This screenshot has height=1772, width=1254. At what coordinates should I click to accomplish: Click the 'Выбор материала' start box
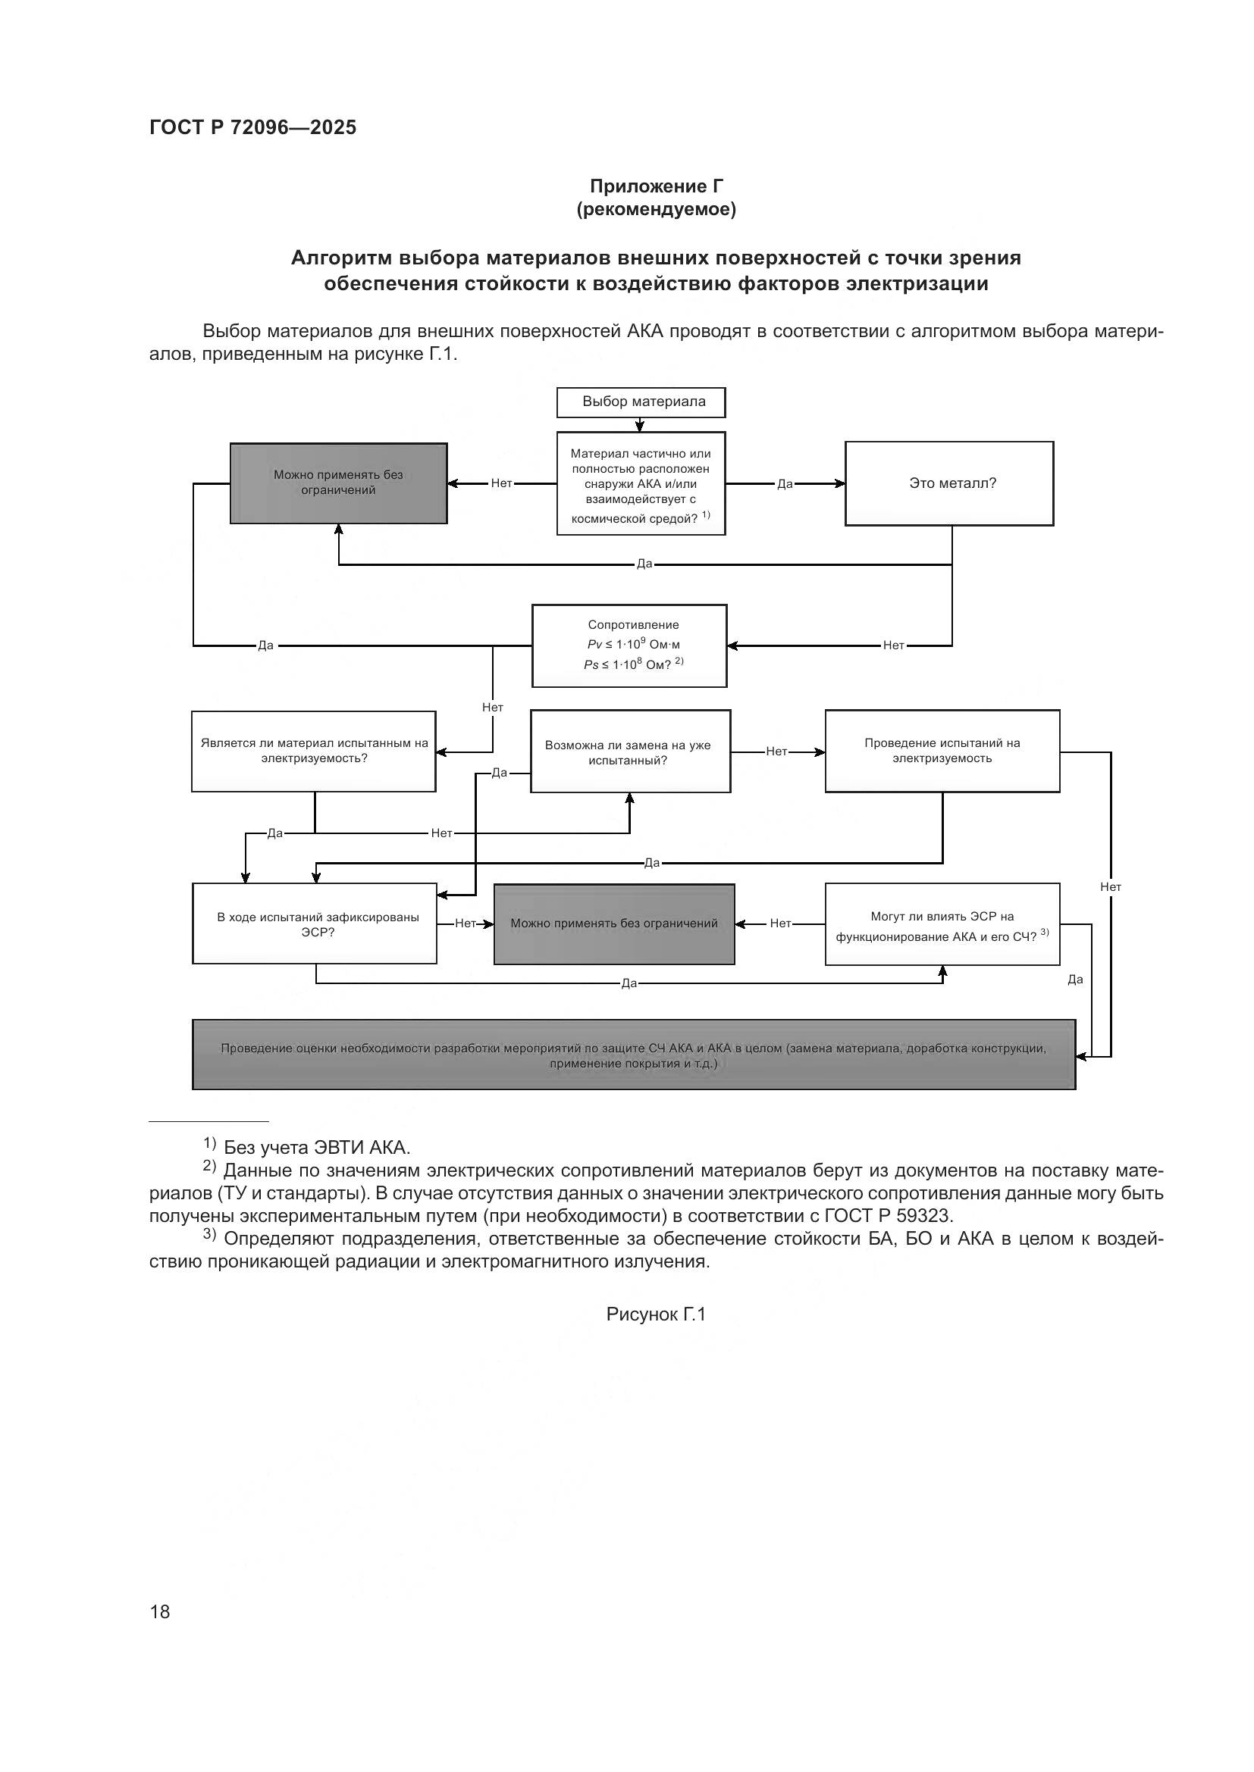641,402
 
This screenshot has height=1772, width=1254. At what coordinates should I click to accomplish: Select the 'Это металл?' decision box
949,484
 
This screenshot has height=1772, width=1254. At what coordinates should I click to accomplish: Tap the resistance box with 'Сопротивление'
629,646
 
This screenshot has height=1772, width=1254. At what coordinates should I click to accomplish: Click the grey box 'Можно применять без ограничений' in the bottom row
614,924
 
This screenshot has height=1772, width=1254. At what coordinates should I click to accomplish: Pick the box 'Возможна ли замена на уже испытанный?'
629,752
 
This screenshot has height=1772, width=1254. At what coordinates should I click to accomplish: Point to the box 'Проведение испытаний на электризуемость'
942,751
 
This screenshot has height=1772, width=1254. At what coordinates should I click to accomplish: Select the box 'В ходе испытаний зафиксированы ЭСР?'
315,924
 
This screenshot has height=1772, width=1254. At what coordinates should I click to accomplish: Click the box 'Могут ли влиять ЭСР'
942,924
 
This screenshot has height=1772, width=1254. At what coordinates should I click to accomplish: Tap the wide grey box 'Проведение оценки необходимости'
633,1055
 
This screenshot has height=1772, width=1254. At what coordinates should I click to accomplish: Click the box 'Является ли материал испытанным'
314,751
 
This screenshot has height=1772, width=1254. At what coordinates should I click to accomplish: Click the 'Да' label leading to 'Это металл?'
785,484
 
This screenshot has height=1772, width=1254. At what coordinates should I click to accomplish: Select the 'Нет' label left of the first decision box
501,483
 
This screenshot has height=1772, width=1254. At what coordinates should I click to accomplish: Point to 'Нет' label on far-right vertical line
1111,888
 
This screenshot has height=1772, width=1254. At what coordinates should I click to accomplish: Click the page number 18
160,1611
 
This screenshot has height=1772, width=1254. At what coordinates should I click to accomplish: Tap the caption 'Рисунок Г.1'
656,1314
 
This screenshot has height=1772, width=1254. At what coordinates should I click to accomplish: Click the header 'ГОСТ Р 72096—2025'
252,127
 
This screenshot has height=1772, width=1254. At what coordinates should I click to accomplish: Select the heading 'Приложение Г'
657,186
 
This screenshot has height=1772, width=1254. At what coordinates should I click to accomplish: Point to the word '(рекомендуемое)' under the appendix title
657,210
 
